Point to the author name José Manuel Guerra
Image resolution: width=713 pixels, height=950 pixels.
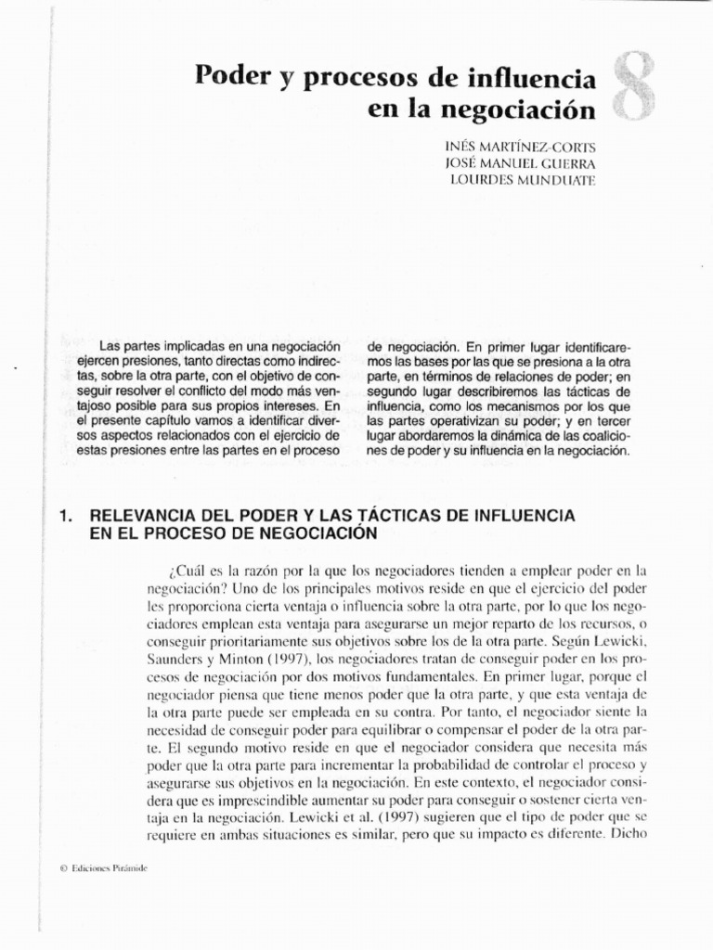522,163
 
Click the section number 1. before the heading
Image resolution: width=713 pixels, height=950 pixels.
65,514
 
